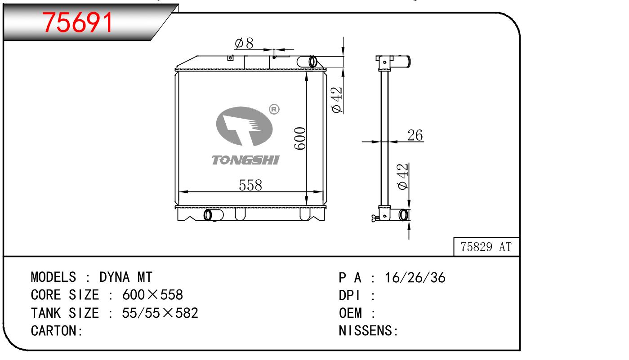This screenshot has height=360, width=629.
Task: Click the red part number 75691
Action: point(77,22)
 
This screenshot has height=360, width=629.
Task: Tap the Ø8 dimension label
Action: point(244,43)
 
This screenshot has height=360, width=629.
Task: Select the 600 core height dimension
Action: point(299,138)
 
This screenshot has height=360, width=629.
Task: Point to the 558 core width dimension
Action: point(250,185)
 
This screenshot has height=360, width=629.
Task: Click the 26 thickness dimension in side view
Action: point(415,135)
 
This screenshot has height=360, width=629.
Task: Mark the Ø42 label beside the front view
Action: point(337,100)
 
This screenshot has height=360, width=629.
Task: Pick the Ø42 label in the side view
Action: point(403,177)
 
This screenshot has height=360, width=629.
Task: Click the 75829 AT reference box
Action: point(486,247)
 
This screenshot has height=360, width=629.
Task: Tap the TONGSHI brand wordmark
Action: point(245,160)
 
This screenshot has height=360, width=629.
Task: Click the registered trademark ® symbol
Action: point(274,109)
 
